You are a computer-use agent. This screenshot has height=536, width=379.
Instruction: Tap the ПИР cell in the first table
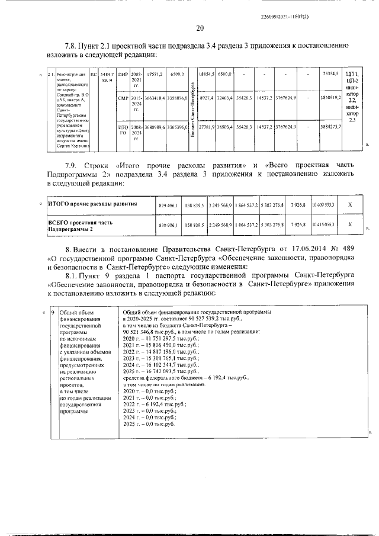pyautogui.click(x=123, y=74)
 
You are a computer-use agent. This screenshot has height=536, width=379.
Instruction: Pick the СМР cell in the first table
pyautogui.click(x=123, y=97)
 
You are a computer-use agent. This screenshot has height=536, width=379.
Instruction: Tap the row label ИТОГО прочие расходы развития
pyautogui.click(x=92, y=204)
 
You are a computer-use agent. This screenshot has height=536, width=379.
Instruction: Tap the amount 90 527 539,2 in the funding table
pyautogui.click(x=197, y=318)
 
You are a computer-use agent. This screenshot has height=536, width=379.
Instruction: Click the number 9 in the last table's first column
pyautogui.click(x=52, y=312)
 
